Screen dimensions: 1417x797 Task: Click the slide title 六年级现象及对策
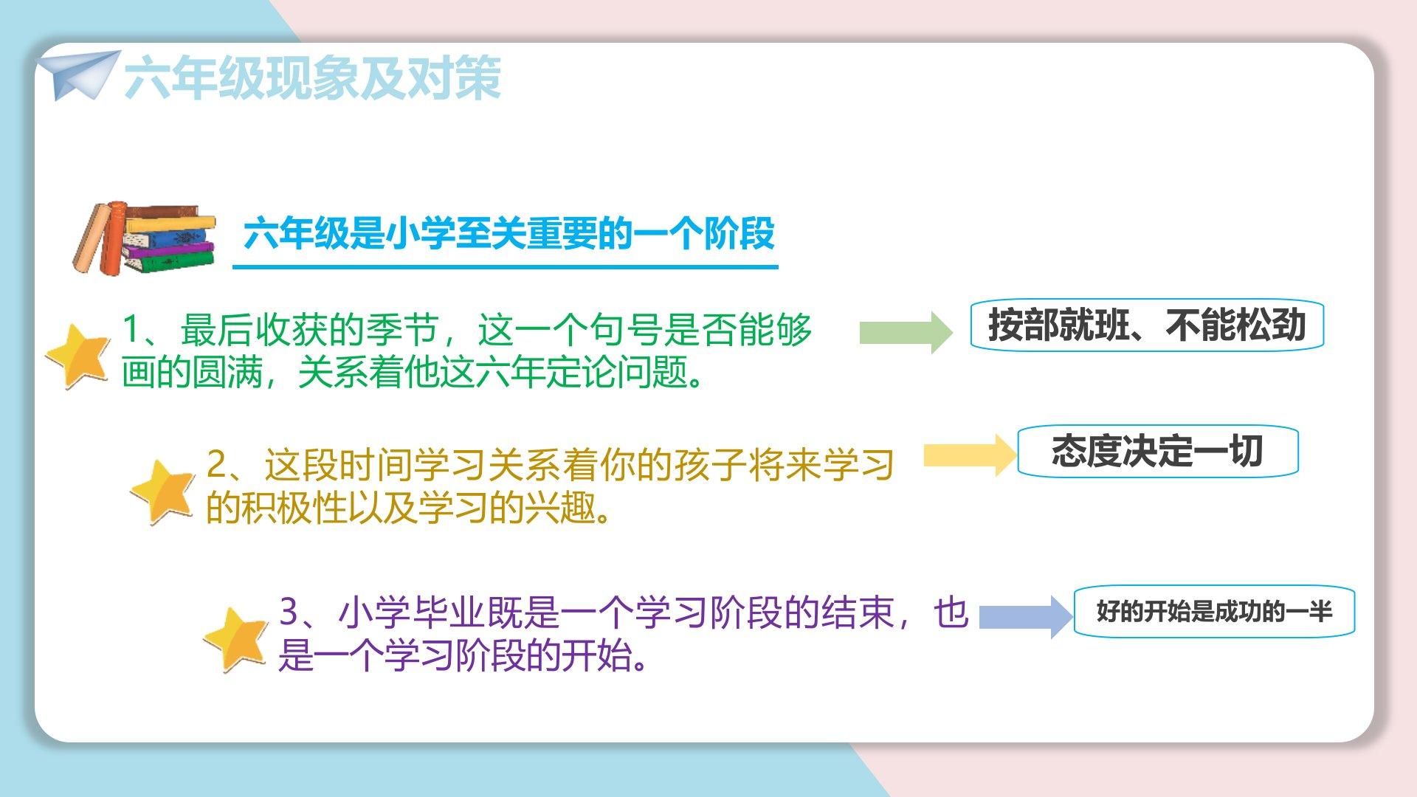pos(313,77)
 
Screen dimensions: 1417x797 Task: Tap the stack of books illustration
pos(144,238)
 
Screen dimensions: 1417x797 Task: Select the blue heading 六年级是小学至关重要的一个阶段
pos(508,234)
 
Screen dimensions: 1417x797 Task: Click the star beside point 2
pos(163,491)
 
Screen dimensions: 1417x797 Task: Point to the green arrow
pos(906,332)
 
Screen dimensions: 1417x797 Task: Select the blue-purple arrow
pos(1026,616)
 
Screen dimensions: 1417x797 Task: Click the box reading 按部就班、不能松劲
pos(1147,325)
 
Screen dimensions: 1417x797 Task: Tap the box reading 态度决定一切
pos(1157,451)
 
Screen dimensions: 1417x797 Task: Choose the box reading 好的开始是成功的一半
pos(1214,611)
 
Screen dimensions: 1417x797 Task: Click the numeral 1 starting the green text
pos(131,329)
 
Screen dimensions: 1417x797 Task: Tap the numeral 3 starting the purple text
pos(289,612)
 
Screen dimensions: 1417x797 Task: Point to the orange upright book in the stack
pos(112,238)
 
